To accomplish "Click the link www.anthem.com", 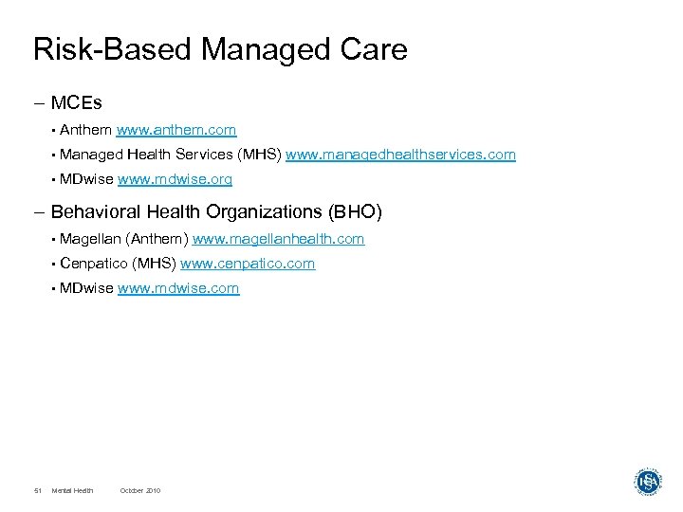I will coord(176,130).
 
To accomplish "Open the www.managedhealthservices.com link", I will coord(400,154).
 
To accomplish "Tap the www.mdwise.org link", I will coord(175,178).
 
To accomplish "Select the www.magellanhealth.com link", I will coord(278,240).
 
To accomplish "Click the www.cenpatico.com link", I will coord(248,264).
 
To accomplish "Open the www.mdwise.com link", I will coord(178,288).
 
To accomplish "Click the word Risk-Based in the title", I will coord(105,49).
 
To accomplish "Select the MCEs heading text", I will coord(76,102).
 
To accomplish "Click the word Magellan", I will coord(90,240).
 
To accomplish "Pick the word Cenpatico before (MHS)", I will coord(95,264).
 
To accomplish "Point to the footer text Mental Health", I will coord(73,490).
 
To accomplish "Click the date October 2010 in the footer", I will coord(140,490).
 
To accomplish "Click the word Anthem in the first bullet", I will coord(85,130).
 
